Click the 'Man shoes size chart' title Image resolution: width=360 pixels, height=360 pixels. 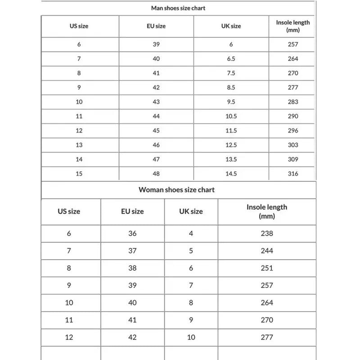click(x=179, y=8)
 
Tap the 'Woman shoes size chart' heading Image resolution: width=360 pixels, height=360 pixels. click(x=176, y=189)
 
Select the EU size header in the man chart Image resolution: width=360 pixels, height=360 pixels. click(x=156, y=26)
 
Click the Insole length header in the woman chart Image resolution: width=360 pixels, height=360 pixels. click(x=267, y=211)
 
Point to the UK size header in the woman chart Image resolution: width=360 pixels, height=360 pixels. click(x=191, y=211)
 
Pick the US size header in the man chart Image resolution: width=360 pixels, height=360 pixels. click(x=79, y=26)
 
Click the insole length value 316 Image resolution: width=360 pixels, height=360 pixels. click(x=293, y=174)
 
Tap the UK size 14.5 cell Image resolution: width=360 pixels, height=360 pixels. click(x=231, y=174)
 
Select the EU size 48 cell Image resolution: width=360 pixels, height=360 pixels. click(x=156, y=174)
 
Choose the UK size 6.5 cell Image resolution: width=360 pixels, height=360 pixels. click(x=231, y=58)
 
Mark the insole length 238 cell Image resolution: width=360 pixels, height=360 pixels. click(x=267, y=234)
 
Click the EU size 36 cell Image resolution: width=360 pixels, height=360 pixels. click(x=132, y=234)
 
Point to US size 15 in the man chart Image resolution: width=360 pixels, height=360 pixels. click(x=79, y=174)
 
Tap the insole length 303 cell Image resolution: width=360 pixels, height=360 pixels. click(x=293, y=145)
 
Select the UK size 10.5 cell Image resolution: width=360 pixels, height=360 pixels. click(x=231, y=116)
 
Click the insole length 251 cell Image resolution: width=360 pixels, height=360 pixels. click(x=267, y=268)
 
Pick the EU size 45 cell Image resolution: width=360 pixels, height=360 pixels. click(x=156, y=130)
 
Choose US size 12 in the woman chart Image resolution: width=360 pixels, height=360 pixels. click(x=69, y=337)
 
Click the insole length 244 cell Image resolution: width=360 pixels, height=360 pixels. click(x=267, y=251)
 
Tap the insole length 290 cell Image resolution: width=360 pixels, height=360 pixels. click(x=293, y=116)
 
